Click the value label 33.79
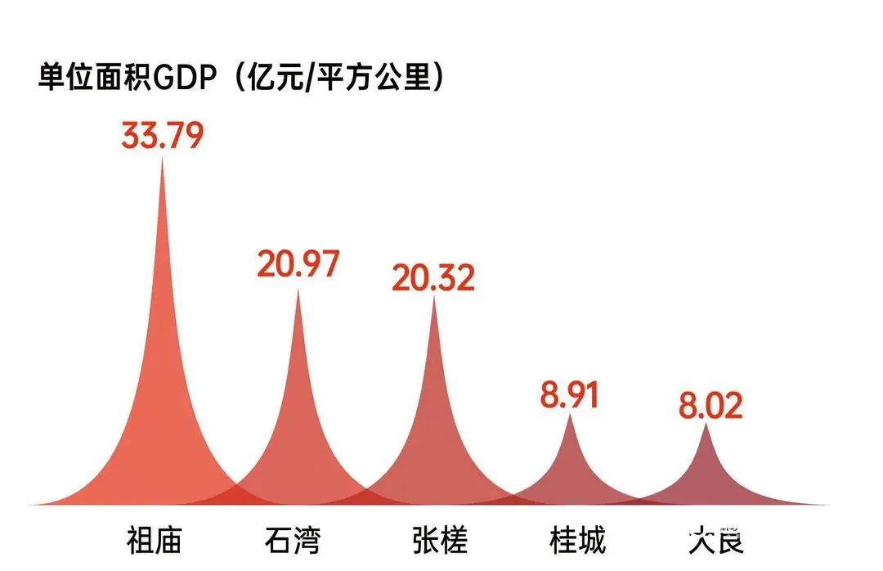pos(162,136)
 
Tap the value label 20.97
pos(298,264)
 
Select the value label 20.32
pos(433,278)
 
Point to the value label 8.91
pos(570,394)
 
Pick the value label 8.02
pos(710,406)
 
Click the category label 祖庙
pos(154,541)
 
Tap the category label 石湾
pos(293,541)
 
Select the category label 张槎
pos(440,541)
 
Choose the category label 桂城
pos(578,541)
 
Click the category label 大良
pos(716,541)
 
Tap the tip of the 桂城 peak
pos(571,416)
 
